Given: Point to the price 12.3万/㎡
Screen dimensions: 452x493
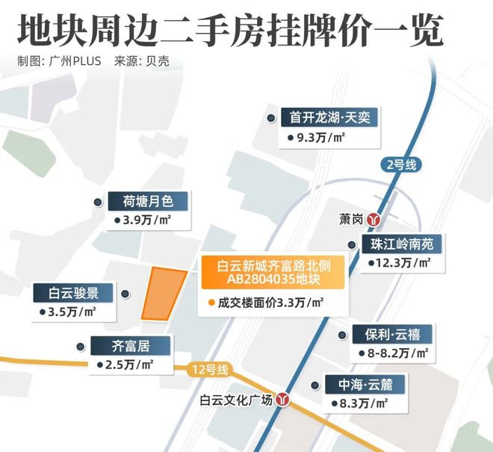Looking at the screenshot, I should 399,263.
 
